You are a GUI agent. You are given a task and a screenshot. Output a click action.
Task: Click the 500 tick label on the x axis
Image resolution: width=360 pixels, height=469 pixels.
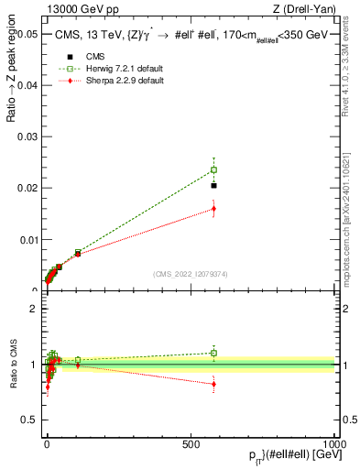(191, 442)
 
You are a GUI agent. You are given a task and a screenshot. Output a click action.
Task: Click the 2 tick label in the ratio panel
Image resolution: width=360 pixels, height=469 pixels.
(33, 309)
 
